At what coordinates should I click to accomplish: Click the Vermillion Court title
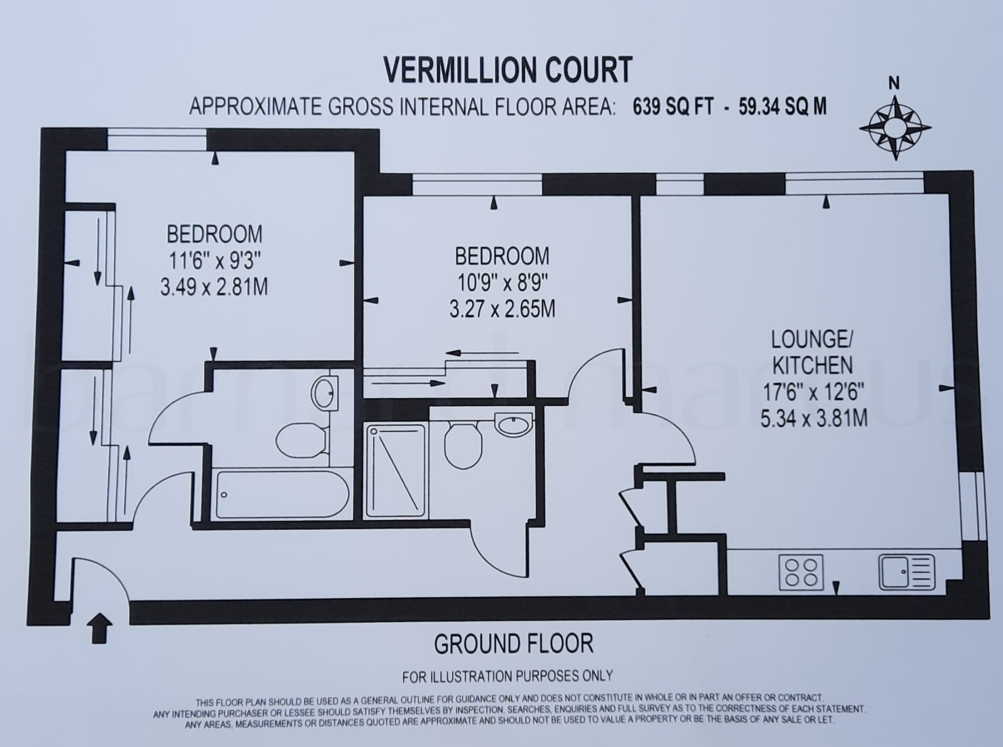click(x=508, y=70)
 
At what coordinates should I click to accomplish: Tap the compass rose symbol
click(x=895, y=128)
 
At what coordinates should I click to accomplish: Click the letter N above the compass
click(x=894, y=84)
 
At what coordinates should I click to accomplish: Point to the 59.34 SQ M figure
click(x=782, y=106)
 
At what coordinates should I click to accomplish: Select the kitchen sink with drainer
click(x=907, y=572)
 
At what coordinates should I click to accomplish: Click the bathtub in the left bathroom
click(x=282, y=494)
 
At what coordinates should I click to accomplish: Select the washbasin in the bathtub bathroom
click(x=324, y=392)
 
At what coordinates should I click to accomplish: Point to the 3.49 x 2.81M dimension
click(x=214, y=287)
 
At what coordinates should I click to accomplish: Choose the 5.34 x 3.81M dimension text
click(x=814, y=419)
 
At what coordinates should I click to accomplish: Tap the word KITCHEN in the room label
click(x=812, y=365)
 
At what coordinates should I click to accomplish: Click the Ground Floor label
click(x=513, y=644)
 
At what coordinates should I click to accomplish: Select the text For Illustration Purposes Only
click(x=507, y=677)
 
